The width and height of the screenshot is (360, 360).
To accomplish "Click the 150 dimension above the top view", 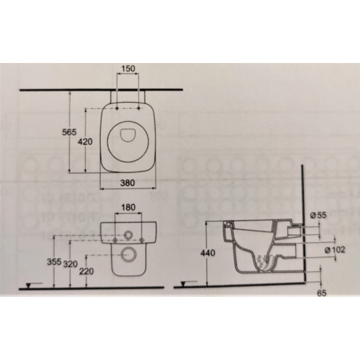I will (128, 69).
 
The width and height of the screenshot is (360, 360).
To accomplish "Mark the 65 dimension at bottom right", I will (321, 294).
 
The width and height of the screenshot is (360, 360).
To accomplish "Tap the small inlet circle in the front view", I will (128, 233).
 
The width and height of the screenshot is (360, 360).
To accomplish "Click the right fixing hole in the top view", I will (140, 109).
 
